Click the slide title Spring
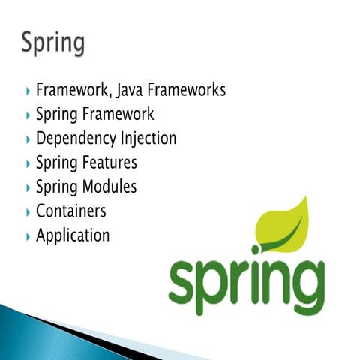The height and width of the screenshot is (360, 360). [52, 43]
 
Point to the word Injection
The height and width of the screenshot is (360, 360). [148, 139]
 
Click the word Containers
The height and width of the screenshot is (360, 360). [70, 211]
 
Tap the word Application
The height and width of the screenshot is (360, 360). [72, 235]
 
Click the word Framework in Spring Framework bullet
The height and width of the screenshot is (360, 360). [119, 115]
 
